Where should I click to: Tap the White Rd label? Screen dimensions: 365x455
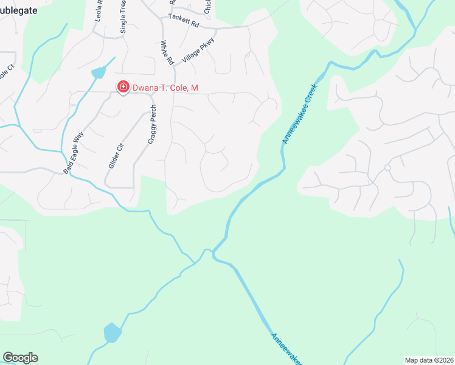[x=167, y=53]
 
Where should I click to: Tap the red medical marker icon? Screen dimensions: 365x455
[x=123, y=88]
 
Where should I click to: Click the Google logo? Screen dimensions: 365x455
[x=20, y=358]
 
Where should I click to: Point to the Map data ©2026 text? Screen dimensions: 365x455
[x=429, y=360]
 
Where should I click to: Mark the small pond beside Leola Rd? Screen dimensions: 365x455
[x=98, y=74]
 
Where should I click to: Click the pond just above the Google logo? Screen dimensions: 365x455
[x=112, y=333]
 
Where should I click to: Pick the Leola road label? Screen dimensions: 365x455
[x=99, y=12]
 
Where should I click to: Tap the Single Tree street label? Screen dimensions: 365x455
[x=123, y=16]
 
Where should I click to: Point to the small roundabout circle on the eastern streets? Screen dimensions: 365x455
[x=387, y=167]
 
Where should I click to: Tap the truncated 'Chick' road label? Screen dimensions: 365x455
[x=208, y=7]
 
